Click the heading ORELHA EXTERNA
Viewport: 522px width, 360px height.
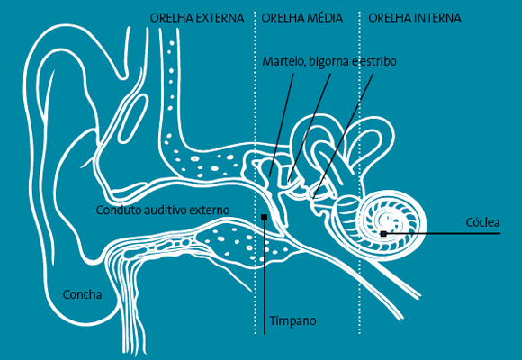tap(197, 18)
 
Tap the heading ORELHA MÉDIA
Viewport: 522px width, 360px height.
tap(301, 18)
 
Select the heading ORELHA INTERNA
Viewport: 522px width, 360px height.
tap(415, 18)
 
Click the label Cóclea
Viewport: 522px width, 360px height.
tap(482, 222)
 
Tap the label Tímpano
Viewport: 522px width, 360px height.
tap(292, 320)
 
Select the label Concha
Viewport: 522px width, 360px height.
tap(82, 294)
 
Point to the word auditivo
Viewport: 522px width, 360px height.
tap(164, 210)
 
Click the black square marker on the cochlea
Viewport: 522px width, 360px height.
tap(383, 234)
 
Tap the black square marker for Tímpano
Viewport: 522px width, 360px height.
tap(265, 217)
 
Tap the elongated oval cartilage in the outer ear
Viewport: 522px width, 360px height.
tap(133, 119)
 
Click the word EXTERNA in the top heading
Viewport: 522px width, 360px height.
tap(220, 18)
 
